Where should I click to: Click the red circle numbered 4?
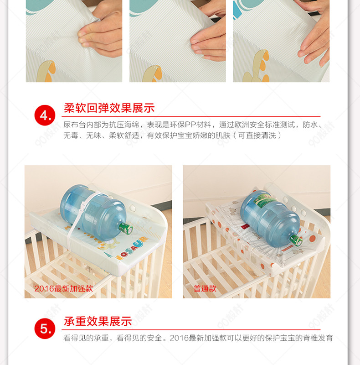(45, 115)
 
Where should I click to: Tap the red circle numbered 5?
(45, 328)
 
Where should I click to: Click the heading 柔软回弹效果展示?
(109, 108)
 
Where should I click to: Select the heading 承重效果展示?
(98, 321)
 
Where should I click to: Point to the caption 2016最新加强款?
(63, 289)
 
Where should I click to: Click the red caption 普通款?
(205, 289)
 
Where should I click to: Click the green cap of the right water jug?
(296, 240)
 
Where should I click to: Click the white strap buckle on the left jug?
(82, 207)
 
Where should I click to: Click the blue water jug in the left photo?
(95, 212)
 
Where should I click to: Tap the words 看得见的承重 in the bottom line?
(86, 338)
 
